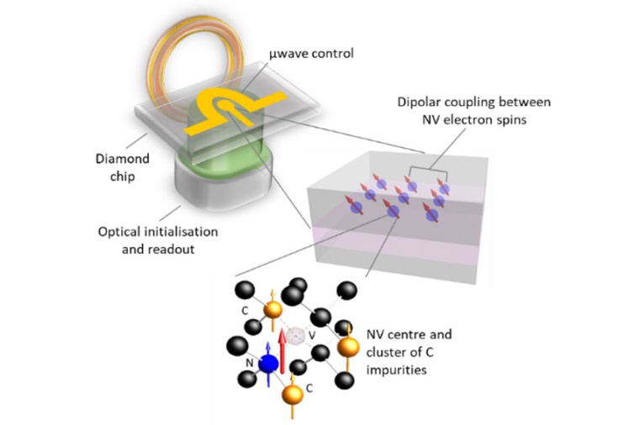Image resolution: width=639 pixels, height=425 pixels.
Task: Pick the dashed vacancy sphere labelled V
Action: [x=296, y=335]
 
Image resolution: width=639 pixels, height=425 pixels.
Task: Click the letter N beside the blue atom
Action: [x=250, y=363]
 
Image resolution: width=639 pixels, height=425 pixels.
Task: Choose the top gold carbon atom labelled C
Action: [x=272, y=310]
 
